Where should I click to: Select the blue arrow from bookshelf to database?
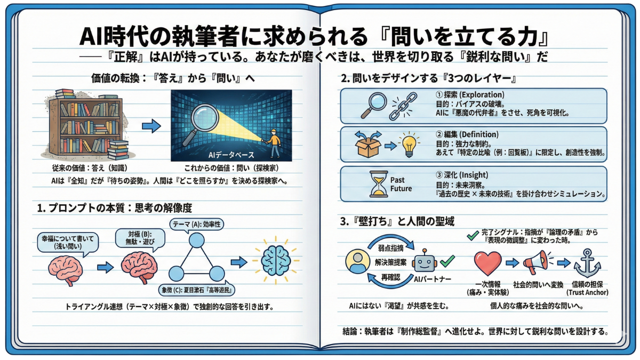pos(151,127)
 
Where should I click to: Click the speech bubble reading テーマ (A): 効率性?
pos(197,225)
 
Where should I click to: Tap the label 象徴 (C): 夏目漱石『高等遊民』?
pos(198,291)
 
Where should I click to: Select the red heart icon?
pos(487,262)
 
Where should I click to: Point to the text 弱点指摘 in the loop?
pos(387,248)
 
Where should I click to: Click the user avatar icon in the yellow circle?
pos(358,262)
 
